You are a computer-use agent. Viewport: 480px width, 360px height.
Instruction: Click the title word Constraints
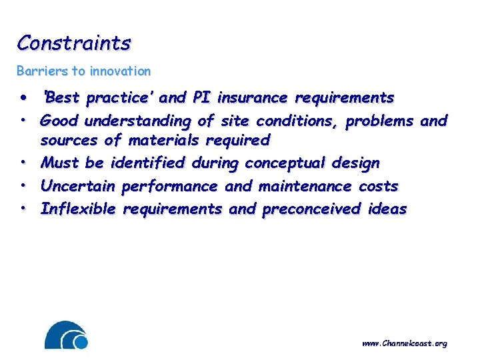coord(74,43)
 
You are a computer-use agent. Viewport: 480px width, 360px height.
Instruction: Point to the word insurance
coord(253,98)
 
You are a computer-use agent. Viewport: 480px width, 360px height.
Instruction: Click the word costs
coord(378,186)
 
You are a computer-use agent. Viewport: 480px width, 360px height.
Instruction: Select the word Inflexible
coord(79,209)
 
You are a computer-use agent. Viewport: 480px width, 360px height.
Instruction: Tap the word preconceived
coord(311,209)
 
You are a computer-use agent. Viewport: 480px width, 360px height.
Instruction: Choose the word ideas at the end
coord(387,209)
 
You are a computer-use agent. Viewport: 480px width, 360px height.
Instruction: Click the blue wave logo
coord(66,335)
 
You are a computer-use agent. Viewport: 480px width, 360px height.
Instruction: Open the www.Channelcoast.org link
coord(404,343)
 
